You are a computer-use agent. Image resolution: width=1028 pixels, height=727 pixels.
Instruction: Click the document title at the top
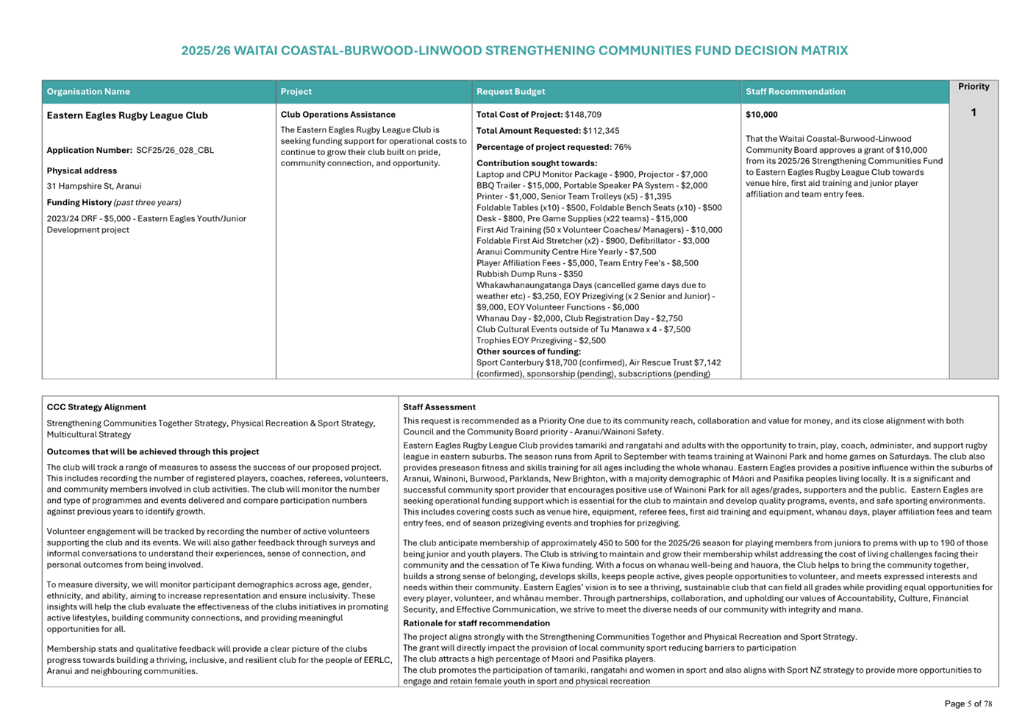pyautogui.click(x=514, y=51)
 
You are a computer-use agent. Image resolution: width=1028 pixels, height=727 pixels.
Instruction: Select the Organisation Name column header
pyautogui.click(x=88, y=92)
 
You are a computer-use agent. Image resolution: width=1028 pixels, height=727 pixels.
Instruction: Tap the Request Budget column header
pyautogui.click(x=510, y=92)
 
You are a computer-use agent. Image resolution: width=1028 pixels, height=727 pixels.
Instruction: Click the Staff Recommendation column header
pyautogui.click(x=795, y=92)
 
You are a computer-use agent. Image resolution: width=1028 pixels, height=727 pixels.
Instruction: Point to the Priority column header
pyautogui.click(x=973, y=87)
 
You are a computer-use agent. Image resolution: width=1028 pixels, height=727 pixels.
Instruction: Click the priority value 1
pyautogui.click(x=973, y=112)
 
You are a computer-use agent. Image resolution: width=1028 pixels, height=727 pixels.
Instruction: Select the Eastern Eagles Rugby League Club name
pyautogui.click(x=127, y=115)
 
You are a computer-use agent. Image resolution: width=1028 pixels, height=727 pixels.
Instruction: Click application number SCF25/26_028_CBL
pyautogui.click(x=175, y=151)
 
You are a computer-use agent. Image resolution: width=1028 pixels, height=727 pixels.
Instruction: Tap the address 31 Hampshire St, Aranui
pyautogui.click(x=94, y=187)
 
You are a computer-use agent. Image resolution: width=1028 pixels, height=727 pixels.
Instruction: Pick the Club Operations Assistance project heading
pyautogui.click(x=338, y=115)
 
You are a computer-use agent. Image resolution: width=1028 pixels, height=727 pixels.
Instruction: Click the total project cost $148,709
pyautogui.click(x=583, y=115)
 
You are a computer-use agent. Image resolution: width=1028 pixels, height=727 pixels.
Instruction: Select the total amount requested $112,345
pyautogui.click(x=601, y=131)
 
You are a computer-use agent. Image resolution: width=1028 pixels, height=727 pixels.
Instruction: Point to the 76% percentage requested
pyautogui.click(x=622, y=147)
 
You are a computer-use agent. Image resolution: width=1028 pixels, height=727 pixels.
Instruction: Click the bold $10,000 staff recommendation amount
pyautogui.click(x=761, y=115)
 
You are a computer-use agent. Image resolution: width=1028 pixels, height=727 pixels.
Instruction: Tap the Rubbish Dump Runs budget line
pyautogui.click(x=529, y=274)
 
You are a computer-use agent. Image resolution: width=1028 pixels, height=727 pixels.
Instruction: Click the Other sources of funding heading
pyautogui.click(x=528, y=351)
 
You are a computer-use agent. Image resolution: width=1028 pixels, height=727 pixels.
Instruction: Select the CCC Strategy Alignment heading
pyautogui.click(x=96, y=407)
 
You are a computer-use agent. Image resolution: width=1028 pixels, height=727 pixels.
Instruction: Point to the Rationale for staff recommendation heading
pyautogui.click(x=476, y=623)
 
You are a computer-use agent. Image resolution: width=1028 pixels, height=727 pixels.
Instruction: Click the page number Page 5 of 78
pyautogui.click(x=968, y=704)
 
